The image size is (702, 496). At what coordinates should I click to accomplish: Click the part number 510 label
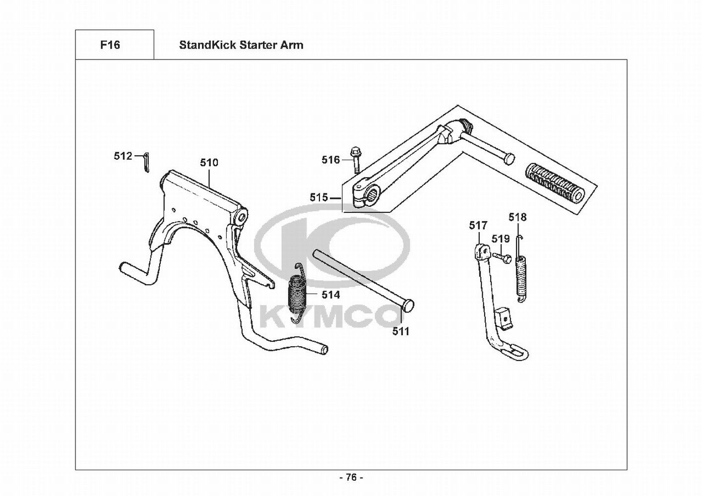[x=209, y=163]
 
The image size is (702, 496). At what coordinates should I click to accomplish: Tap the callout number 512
[x=123, y=156]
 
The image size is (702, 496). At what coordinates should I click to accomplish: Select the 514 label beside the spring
[x=330, y=295]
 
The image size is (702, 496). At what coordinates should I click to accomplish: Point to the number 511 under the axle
[x=401, y=331]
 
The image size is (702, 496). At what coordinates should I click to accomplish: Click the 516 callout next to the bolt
[x=330, y=160]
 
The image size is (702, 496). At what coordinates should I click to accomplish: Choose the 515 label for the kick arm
[x=319, y=197]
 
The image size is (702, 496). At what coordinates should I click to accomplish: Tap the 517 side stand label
[x=478, y=226]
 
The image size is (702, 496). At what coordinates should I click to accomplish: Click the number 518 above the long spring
[x=517, y=217]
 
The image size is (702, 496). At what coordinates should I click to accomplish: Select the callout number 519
[x=501, y=239]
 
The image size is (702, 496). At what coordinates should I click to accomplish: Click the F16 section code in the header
[x=110, y=45]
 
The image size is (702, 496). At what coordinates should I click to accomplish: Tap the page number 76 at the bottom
[x=351, y=478]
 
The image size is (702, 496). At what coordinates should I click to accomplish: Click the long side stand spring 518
[x=521, y=275]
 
